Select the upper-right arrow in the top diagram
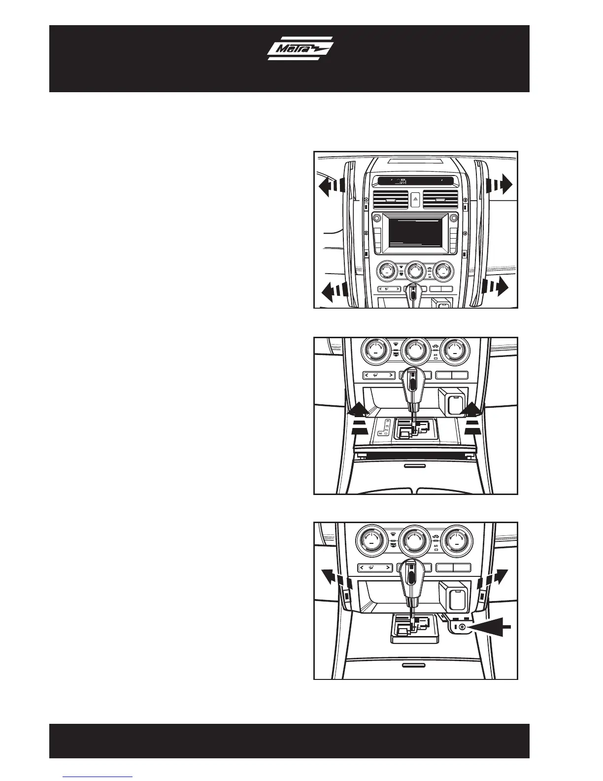coord(500,186)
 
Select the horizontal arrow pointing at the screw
coord(490,627)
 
